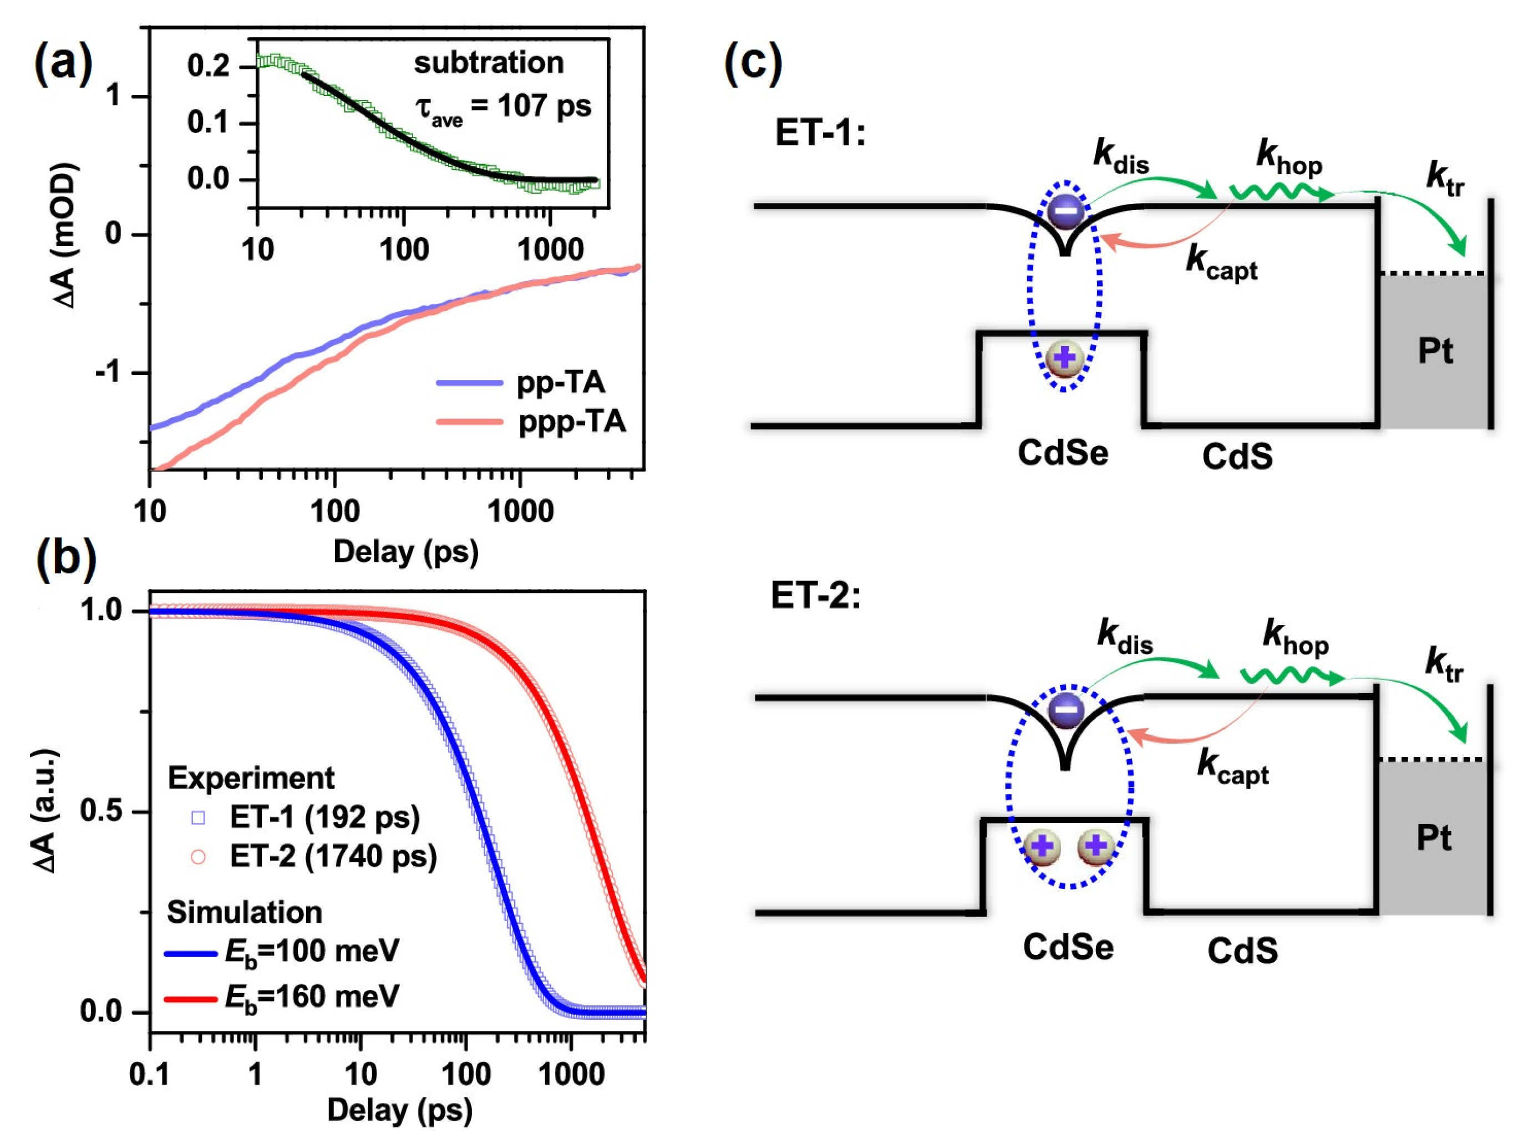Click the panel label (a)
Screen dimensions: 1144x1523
pyautogui.click(x=63, y=63)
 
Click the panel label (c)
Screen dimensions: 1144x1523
pyautogui.click(x=753, y=63)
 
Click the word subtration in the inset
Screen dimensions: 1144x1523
pyautogui.click(x=489, y=63)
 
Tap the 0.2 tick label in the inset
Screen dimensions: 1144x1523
pyautogui.click(x=208, y=66)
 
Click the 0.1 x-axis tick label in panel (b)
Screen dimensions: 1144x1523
pyautogui.click(x=149, y=1073)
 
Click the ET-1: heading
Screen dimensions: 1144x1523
pyautogui.click(x=819, y=132)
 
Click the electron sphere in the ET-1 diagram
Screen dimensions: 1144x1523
pyautogui.click(x=1065, y=211)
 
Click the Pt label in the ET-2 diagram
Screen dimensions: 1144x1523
pyautogui.click(x=1434, y=838)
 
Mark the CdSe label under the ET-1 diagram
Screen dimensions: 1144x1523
pyautogui.click(x=1062, y=453)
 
